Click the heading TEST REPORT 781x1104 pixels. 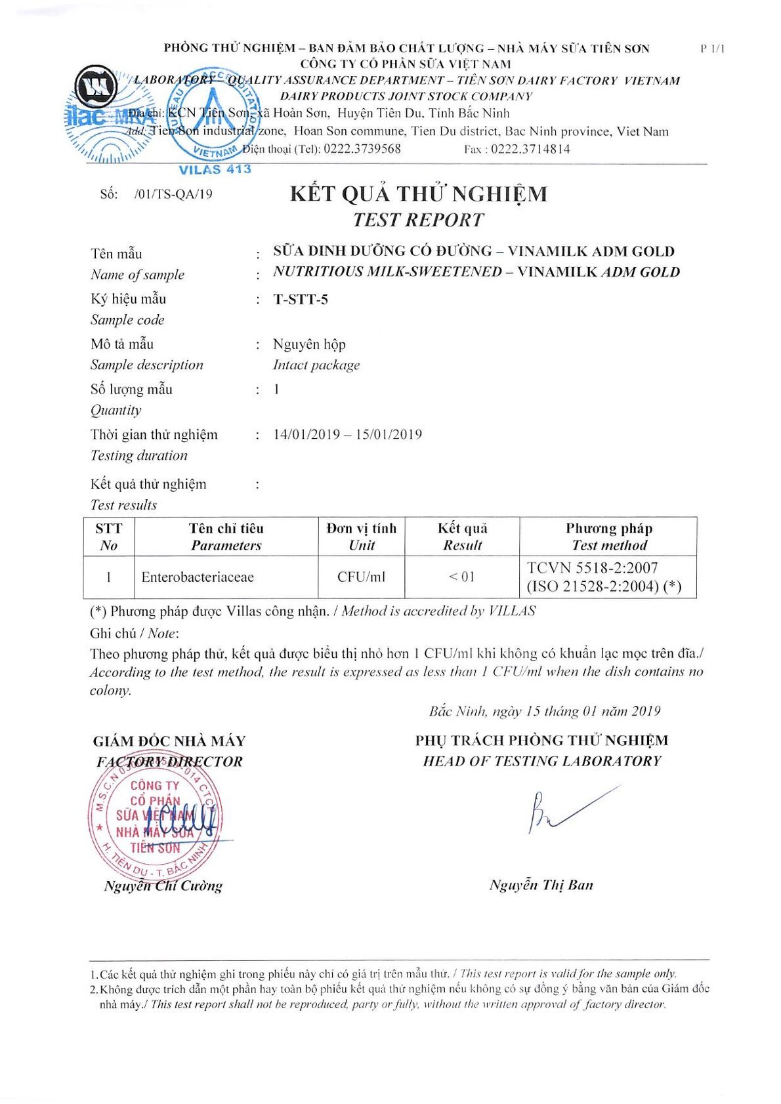click(x=418, y=220)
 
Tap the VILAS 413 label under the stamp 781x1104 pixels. click(x=215, y=169)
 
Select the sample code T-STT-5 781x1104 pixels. click(x=301, y=300)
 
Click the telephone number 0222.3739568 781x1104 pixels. click(x=362, y=149)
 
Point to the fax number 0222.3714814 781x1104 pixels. click(x=530, y=149)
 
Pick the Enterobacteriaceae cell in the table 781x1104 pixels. click(x=198, y=577)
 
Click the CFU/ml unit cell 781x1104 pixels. click(x=361, y=577)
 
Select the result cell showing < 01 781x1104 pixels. click(x=461, y=577)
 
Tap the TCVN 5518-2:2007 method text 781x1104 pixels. click(x=592, y=568)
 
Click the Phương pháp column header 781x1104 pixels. click(x=608, y=529)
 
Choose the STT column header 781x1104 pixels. click(x=108, y=529)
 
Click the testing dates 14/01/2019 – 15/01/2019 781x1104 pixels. click(x=347, y=434)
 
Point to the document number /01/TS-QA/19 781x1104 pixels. click(x=173, y=194)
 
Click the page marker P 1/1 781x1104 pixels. click(x=712, y=49)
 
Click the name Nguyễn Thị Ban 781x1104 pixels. click(x=541, y=885)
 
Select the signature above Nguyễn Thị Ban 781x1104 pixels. click(x=564, y=810)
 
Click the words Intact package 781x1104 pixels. click(x=316, y=365)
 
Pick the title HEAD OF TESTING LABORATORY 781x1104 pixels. click(x=541, y=761)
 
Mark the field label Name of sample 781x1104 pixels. click(x=137, y=275)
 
